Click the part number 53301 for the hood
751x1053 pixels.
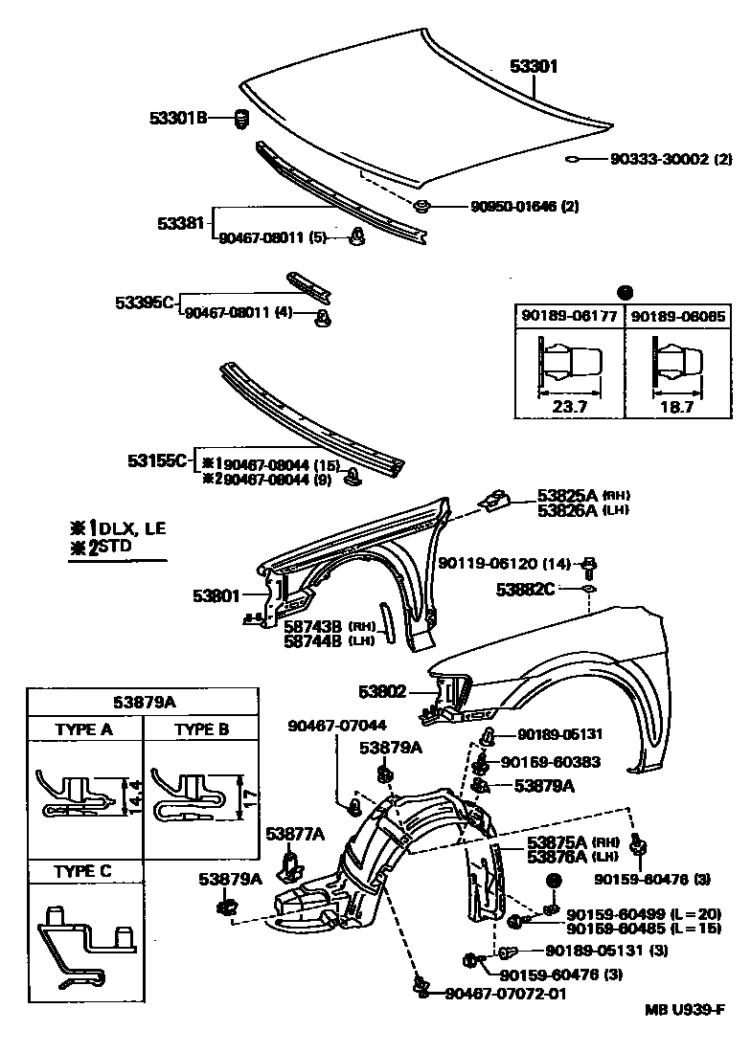pyautogui.click(x=533, y=66)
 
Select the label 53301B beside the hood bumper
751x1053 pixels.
pyautogui.click(x=178, y=118)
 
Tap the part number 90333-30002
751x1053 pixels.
pyautogui.click(x=662, y=159)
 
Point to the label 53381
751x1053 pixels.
pyautogui.click(x=181, y=223)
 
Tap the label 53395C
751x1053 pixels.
pyautogui.click(x=145, y=302)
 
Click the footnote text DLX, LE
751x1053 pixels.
pyautogui.click(x=132, y=528)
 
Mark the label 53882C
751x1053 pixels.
pyautogui.click(x=526, y=589)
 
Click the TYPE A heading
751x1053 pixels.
pyautogui.click(x=84, y=728)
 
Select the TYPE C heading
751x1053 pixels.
pyautogui.click(x=84, y=870)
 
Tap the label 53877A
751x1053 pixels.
pyautogui.click(x=295, y=833)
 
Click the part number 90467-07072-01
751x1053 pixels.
pyautogui.click(x=506, y=994)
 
